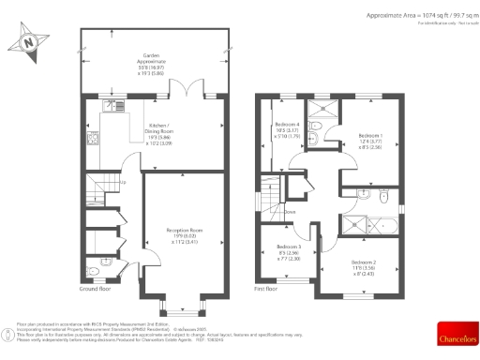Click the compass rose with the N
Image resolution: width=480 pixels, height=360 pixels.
click(x=29, y=41)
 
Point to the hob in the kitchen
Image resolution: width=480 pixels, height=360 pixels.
click(x=92, y=141)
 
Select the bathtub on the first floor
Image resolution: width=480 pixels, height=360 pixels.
click(x=375, y=223)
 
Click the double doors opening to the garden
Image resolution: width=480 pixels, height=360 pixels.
click(x=191, y=91)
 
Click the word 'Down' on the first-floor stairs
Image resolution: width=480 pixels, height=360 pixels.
click(x=291, y=213)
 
